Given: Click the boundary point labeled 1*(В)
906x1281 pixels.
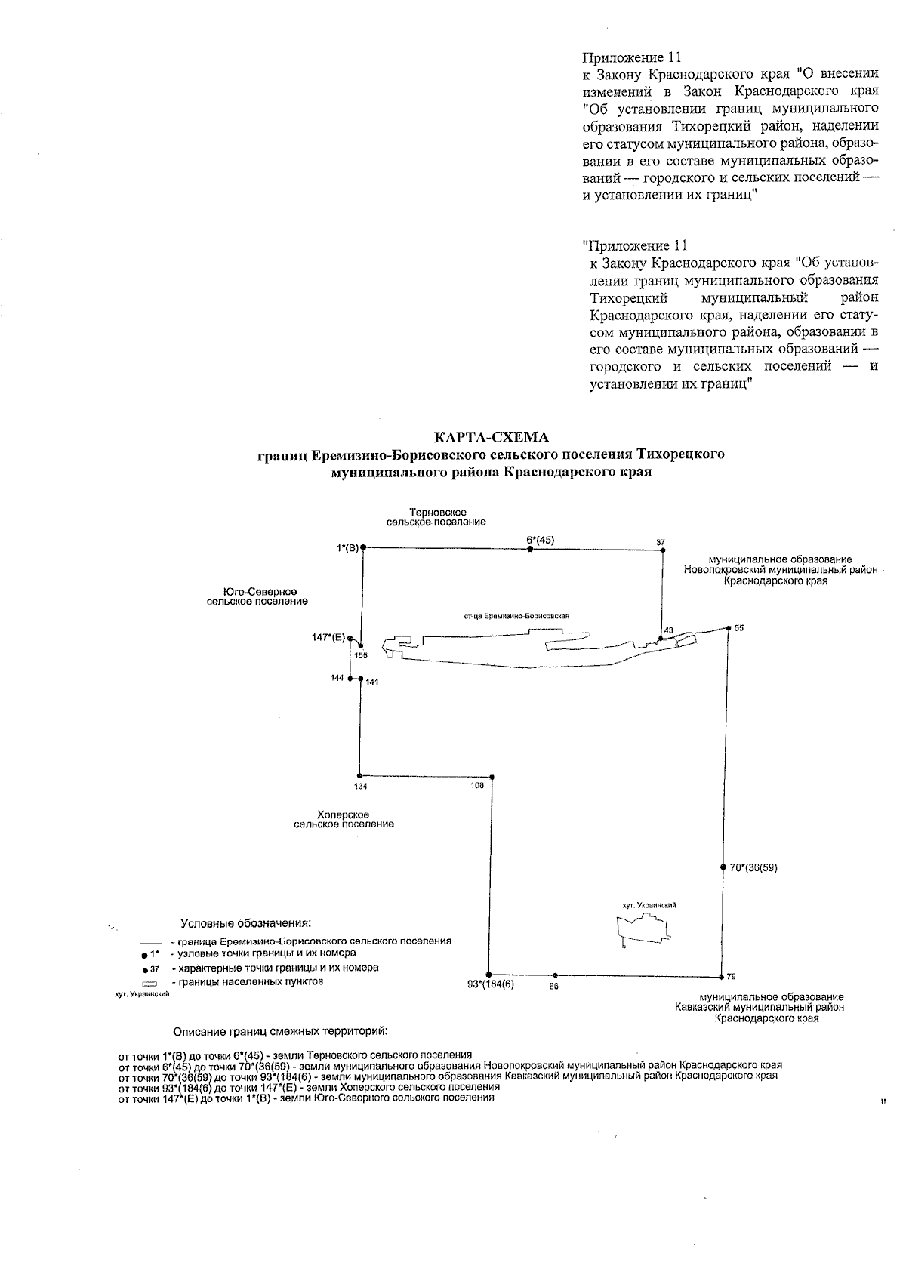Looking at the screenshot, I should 363,547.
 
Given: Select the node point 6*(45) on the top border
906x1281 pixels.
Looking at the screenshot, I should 530,550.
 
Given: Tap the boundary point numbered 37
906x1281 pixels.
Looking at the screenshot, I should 662,551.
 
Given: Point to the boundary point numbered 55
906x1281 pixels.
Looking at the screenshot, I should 729,627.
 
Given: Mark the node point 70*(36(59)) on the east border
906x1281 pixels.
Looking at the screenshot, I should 723,867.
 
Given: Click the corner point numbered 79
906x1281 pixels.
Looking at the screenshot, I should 721,975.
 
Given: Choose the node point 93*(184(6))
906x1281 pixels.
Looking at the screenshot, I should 489,975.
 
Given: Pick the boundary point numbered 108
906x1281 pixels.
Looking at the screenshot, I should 492,777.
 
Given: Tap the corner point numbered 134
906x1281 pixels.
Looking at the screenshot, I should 359,775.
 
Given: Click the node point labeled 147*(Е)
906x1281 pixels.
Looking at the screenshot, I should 350,638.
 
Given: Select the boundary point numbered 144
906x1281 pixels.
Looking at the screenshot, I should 350,679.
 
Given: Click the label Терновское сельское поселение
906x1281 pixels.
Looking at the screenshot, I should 436,517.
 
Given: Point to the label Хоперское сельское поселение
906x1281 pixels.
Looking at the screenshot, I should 344,819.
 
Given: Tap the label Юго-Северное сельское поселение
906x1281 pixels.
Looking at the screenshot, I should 257,596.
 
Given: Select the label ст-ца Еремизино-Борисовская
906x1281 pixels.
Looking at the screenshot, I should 516,616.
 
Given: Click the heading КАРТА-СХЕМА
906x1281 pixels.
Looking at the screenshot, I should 491,437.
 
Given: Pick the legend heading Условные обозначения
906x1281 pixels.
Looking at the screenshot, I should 246,923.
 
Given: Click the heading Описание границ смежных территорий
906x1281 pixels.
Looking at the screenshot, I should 280,1031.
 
